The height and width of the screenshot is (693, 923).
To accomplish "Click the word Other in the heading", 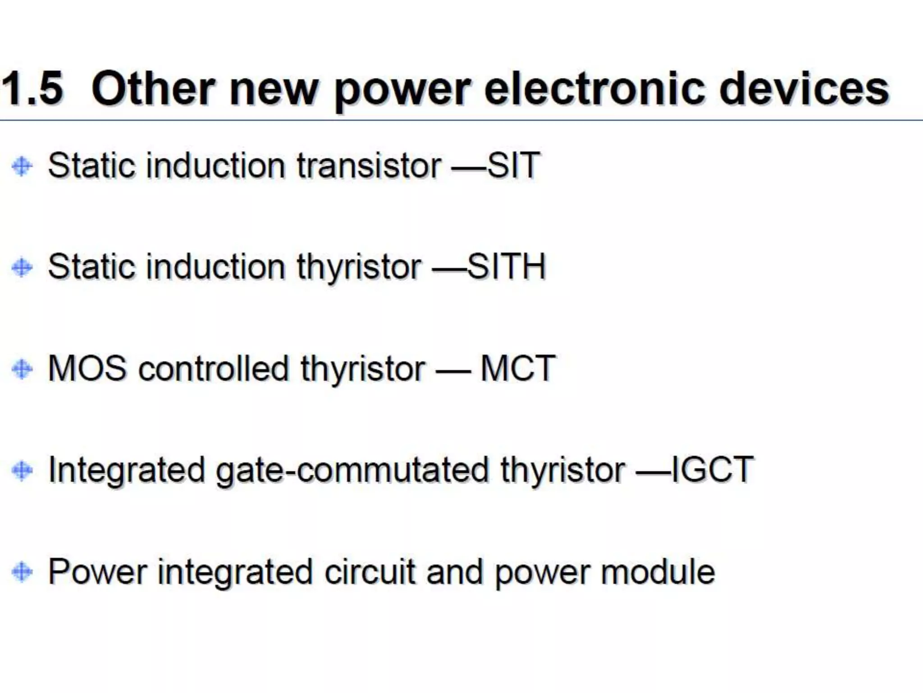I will click(x=153, y=88).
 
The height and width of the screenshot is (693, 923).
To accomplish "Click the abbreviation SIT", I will click(x=514, y=165).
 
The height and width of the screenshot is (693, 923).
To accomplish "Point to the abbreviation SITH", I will click(x=507, y=267).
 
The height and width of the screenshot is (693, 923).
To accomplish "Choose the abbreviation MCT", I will click(x=518, y=369).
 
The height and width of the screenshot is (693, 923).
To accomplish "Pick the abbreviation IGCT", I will click(x=713, y=470).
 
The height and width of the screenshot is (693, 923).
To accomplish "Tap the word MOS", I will click(x=87, y=369).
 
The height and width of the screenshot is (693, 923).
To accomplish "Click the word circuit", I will click(x=370, y=572).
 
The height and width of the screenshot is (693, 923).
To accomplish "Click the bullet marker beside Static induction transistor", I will click(x=22, y=166).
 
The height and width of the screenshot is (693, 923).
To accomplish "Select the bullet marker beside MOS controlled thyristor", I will click(x=22, y=369).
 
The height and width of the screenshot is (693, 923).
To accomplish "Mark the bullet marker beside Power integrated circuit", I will click(x=22, y=572).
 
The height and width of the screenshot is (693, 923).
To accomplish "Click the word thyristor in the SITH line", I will click(x=359, y=268).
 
